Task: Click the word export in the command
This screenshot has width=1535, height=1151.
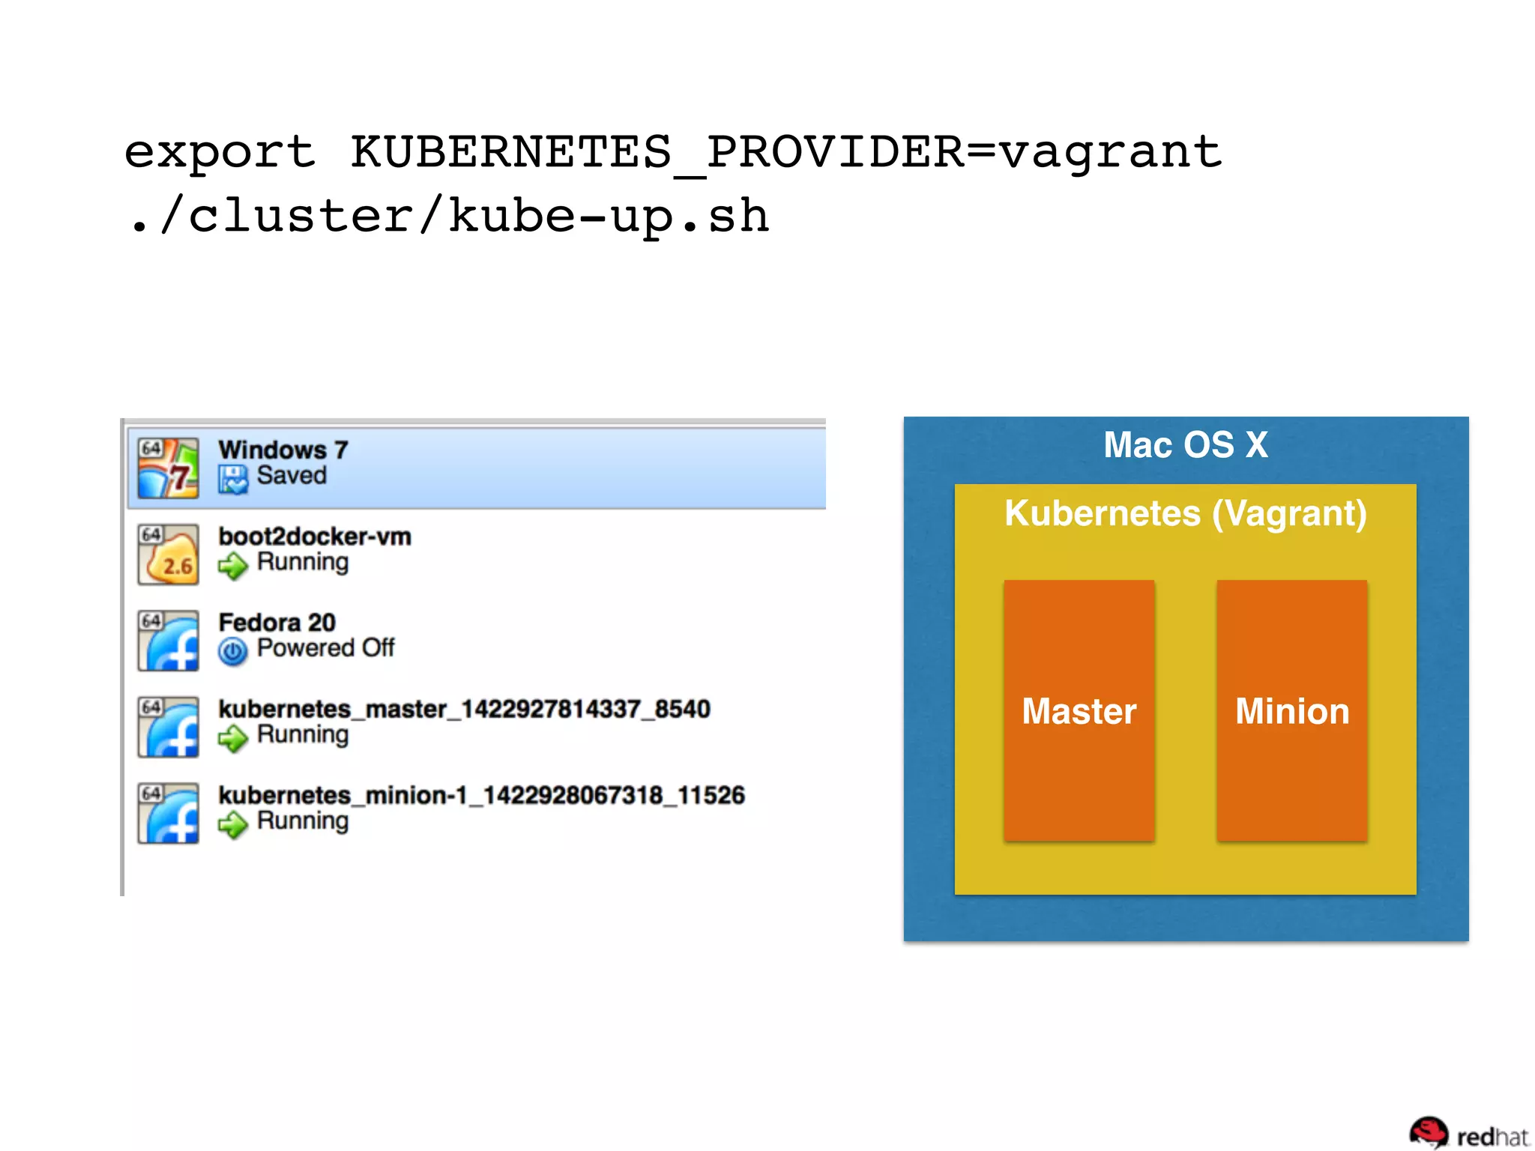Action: pos(219,152)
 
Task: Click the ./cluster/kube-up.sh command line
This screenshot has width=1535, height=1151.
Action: pos(448,217)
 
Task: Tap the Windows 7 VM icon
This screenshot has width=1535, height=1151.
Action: pos(168,468)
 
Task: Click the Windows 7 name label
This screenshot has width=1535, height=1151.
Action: pos(283,450)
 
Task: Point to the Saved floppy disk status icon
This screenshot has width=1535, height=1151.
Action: pos(232,478)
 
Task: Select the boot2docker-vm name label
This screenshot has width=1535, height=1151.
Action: pos(315,537)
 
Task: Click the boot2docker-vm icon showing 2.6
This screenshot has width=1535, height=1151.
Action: pos(168,555)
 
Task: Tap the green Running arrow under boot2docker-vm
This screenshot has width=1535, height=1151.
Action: pos(232,565)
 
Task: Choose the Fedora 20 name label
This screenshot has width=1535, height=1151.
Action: pos(277,623)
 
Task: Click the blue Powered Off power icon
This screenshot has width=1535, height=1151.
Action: pos(232,651)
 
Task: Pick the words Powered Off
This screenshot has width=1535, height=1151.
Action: pos(325,648)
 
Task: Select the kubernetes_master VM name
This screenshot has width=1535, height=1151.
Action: pos(464,709)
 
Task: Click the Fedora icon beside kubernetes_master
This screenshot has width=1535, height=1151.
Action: pos(168,727)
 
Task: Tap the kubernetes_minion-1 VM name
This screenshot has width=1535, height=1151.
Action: pos(481,795)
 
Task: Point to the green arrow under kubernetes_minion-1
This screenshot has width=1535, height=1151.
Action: pos(232,824)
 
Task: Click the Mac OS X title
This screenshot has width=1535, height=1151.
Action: pos(1185,445)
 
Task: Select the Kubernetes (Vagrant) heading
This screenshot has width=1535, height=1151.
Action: pos(1185,514)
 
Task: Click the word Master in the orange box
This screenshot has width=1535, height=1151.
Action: pos(1079,711)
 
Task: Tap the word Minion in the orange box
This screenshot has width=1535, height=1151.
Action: pos(1291,711)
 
